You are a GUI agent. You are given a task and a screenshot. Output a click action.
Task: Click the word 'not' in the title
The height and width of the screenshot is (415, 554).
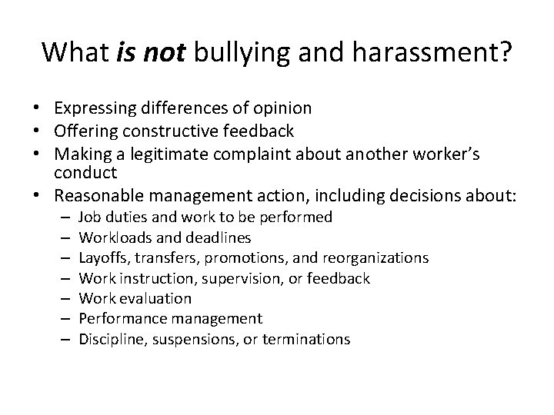(x=166, y=52)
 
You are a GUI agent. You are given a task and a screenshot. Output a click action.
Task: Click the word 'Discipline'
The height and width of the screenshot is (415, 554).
(x=109, y=338)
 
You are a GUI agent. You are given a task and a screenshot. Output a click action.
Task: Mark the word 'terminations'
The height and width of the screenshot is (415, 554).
(x=307, y=338)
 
